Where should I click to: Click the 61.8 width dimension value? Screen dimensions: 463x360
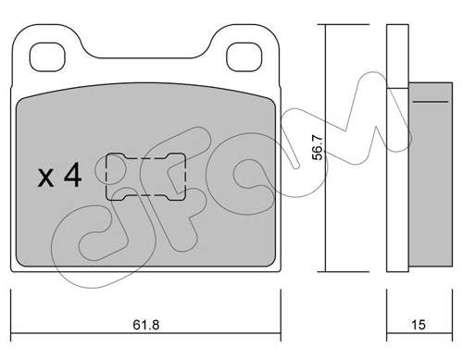click(146, 325)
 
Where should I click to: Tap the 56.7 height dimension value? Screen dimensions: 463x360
click(318, 148)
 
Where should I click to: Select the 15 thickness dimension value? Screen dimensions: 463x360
click(419, 325)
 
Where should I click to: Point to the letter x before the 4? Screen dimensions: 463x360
click(45, 179)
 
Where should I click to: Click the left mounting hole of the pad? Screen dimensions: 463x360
click(47, 56)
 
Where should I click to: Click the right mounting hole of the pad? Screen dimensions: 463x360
click(244, 56)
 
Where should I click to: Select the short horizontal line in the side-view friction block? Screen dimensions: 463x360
click(431, 102)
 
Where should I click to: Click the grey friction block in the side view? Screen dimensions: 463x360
click(431, 174)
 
